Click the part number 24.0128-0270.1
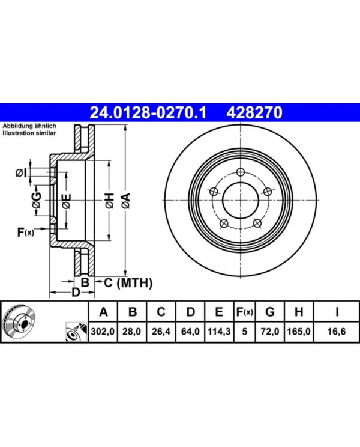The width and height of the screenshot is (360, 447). [x=148, y=112]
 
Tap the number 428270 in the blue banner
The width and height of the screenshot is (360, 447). [x=254, y=112]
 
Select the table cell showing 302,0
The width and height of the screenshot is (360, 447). [x=103, y=332]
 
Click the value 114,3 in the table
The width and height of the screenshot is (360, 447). [x=219, y=332]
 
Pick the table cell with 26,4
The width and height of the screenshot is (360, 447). [x=161, y=332]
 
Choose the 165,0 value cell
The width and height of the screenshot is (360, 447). [x=299, y=332]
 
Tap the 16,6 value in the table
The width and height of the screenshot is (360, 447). [x=337, y=332]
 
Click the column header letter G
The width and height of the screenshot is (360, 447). [x=270, y=312]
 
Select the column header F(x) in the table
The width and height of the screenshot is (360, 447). [x=244, y=312]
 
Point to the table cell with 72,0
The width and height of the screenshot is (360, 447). [x=270, y=332]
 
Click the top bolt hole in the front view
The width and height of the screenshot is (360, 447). [x=241, y=172]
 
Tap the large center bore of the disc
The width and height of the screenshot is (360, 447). [x=241, y=201]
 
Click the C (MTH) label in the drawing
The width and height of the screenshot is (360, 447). [x=128, y=282]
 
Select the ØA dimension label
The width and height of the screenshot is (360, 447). [x=125, y=201]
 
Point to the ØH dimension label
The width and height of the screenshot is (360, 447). [x=109, y=201]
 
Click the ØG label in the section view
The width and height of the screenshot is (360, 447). [x=36, y=200]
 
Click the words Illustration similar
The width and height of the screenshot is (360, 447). [x=29, y=133]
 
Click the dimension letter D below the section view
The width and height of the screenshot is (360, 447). [x=76, y=292]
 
